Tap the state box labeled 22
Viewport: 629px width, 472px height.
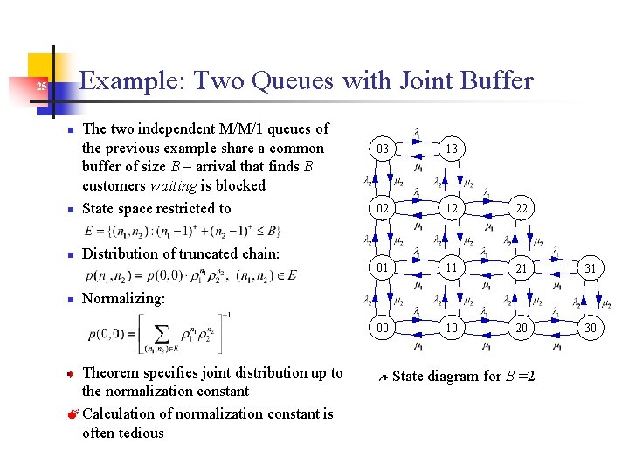[521, 208]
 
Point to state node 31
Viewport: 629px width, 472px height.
[590, 268]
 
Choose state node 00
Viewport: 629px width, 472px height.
[383, 328]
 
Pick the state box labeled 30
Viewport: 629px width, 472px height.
[590, 328]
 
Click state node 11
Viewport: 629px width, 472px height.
[451, 268]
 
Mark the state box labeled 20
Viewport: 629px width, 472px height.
[521, 328]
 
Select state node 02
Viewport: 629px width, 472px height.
[383, 208]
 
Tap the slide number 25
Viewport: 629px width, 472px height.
[41, 87]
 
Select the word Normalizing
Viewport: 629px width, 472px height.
[123, 298]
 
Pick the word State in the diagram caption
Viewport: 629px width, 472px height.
[411, 377]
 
